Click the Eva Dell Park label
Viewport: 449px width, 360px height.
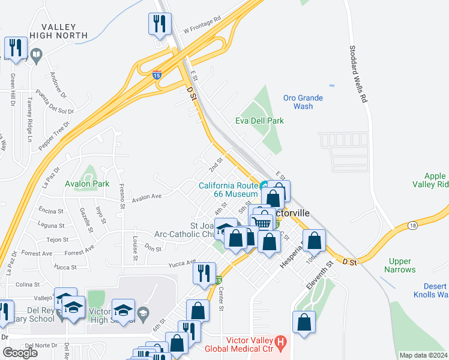coord(259,121)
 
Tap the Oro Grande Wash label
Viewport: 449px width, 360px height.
coord(303,102)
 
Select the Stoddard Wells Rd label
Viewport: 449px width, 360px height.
coord(357,75)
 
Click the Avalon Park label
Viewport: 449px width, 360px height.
coord(88,183)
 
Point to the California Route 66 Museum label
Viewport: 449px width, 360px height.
coord(228,190)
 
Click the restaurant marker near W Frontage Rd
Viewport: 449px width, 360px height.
coord(160,25)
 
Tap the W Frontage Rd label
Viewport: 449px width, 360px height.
coord(202,23)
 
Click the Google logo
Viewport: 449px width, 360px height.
coord(20,352)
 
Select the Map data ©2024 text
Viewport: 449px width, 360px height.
coord(424,355)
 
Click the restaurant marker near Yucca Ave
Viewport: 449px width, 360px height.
coord(204,273)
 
